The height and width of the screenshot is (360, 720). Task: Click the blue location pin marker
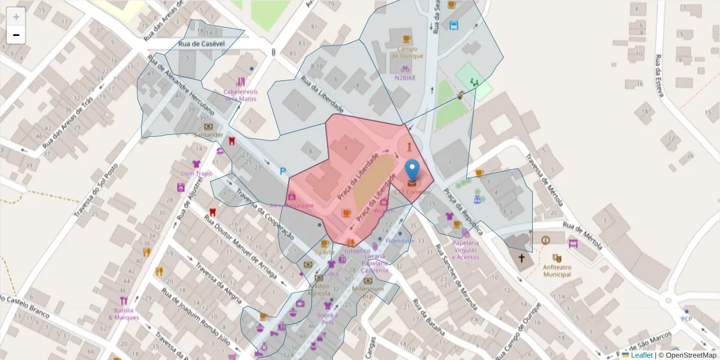[x=412, y=170]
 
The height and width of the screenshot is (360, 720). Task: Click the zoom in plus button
[x=16, y=16]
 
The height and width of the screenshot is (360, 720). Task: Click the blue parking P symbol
[x=283, y=172]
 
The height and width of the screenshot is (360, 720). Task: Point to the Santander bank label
[x=208, y=135]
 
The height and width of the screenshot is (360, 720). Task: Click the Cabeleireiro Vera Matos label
[x=240, y=95]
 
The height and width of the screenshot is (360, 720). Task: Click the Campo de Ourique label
[x=407, y=52]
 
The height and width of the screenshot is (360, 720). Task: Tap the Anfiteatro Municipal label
[x=557, y=271]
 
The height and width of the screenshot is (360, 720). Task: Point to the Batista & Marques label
[x=124, y=314]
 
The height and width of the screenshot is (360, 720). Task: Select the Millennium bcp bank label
[x=368, y=292]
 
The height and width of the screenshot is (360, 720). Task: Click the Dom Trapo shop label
[x=196, y=173]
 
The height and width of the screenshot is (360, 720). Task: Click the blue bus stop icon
[x=454, y=25]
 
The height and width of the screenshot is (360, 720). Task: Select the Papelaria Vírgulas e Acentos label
[x=466, y=250]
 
